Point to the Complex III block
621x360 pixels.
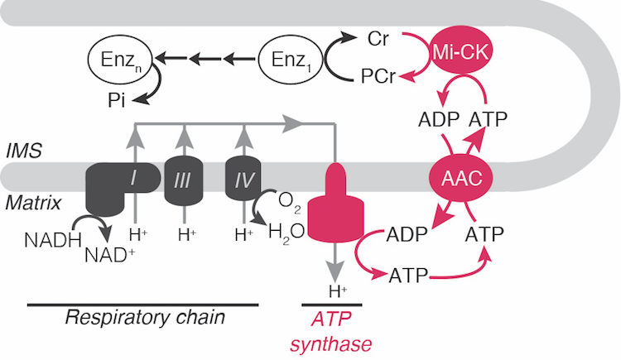pyautogui.click(x=182, y=178)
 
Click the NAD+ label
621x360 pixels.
pyautogui.click(x=109, y=254)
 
